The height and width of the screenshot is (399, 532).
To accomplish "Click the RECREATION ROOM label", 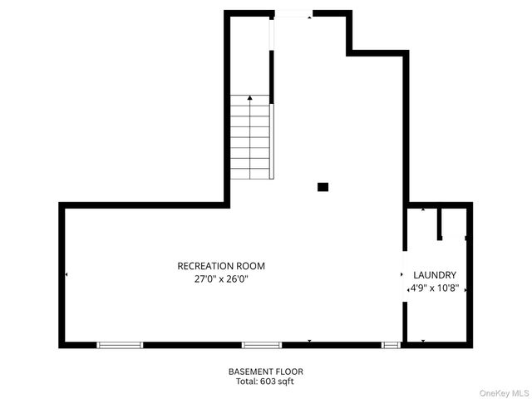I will pyautogui.click(x=221, y=266).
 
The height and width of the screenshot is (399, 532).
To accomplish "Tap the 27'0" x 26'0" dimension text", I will pyautogui.click(x=221, y=279).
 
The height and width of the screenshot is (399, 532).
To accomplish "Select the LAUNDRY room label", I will pyautogui.click(x=435, y=274).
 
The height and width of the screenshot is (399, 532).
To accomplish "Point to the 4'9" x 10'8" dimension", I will pyautogui.click(x=435, y=288).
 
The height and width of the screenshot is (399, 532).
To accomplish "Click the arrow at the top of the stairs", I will pyautogui.click(x=249, y=98).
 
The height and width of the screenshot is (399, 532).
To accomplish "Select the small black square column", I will pyautogui.click(x=323, y=187).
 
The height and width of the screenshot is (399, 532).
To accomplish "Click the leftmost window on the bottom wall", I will pyautogui.click(x=120, y=344).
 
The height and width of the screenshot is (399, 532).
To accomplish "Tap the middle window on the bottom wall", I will pyautogui.click(x=262, y=344).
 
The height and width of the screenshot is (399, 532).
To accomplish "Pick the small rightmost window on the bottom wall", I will pyautogui.click(x=391, y=344).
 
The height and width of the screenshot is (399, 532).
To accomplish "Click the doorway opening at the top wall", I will pyautogui.click(x=293, y=13).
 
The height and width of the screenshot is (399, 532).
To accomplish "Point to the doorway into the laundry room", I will pyautogui.click(x=405, y=274).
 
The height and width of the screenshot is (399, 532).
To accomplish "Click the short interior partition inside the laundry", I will pyautogui.click(x=440, y=224).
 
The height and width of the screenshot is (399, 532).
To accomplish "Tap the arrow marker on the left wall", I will pyautogui.click(x=66, y=274).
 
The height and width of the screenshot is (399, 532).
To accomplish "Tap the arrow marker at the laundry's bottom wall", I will pyautogui.click(x=423, y=341).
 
